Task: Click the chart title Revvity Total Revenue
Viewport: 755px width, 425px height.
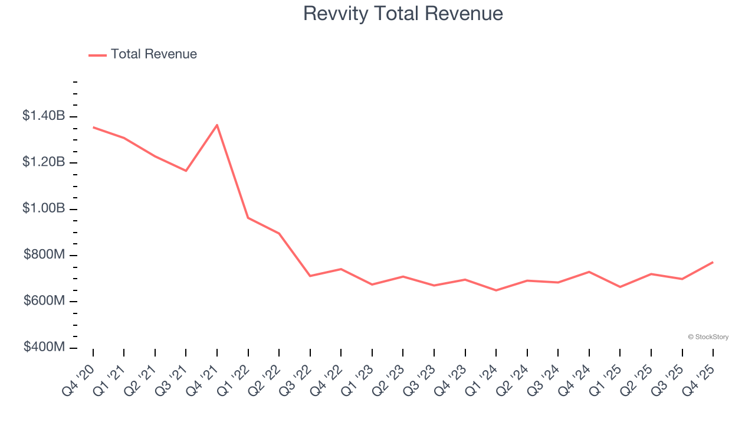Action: click(x=403, y=13)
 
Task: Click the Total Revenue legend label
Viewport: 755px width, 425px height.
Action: click(x=153, y=54)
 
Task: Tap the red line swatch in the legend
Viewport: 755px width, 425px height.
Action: click(x=97, y=55)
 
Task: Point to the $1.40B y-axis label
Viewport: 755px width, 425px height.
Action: click(x=44, y=116)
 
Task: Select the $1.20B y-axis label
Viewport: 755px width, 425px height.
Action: click(x=44, y=162)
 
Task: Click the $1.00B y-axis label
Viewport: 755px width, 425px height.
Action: click(x=44, y=208)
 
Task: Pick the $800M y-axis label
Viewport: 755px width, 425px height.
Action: click(x=44, y=255)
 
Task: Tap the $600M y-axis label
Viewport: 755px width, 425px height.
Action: click(x=44, y=301)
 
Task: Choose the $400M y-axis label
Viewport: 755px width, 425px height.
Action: click(x=44, y=347)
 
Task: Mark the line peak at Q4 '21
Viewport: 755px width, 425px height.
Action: click(x=217, y=125)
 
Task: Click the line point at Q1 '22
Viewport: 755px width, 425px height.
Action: click(x=248, y=218)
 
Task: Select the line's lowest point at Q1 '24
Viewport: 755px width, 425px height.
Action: click(x=496, y=290)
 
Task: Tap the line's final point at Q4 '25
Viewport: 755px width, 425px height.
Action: click(x=713, y=262)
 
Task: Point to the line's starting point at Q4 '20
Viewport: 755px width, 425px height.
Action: click(x=93, y=127)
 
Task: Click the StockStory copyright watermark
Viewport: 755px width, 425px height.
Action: click(x=708, y=337)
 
